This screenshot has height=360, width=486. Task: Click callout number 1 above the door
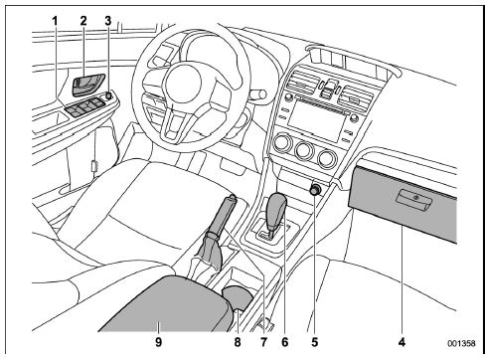(x=55, y=21)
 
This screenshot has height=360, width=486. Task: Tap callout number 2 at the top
(x=83, y=21)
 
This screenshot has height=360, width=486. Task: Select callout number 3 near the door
(x=108, y=21)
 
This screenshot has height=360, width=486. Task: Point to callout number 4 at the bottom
(x=402, y=342)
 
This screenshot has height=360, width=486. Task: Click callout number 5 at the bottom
(x=314, y=342)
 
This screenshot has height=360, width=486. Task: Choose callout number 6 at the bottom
(x=285, y=342)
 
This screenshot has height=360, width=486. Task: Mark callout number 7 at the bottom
(x=263, y=342)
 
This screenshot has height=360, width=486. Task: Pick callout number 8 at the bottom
(x=238, y=342)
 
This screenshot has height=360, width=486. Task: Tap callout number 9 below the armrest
(x=159, y=342)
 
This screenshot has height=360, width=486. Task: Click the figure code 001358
(x=462, y=343)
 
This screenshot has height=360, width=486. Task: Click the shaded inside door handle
(x=88, y=85)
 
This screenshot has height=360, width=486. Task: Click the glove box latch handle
(x=413, y=199)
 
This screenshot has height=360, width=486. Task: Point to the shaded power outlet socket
(x=315, y=190)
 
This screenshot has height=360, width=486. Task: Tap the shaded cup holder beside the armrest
(x=238, y=297)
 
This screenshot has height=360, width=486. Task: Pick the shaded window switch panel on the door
(x=85, y=107)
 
